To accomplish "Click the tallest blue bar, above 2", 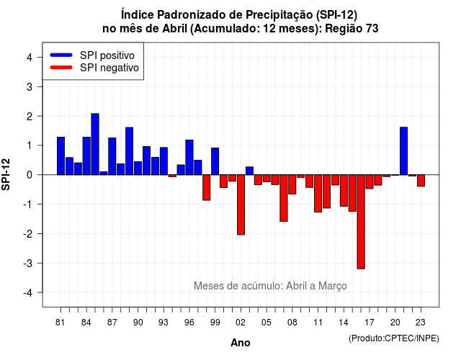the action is (95, 144).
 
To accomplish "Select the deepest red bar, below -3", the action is (361, 222).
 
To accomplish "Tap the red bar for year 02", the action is (241, 204).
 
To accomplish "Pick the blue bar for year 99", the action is (215, 161).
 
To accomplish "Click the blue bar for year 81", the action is (61, 156).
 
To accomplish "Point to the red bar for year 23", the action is (421, 181).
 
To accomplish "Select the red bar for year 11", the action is (318, 194).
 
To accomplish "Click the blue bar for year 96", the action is (189, 157).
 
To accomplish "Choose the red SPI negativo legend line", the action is (61, 68).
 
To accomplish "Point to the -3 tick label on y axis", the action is (28, 263).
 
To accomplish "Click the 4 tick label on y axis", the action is (30, 57).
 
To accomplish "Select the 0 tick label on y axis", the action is (30, 175).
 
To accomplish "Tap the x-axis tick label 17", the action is (370, 323).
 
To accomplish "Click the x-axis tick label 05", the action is (267, 323).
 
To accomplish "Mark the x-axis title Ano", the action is (241, 343).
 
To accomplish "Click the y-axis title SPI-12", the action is (6, 174).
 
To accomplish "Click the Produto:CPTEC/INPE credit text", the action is (394, 338).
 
